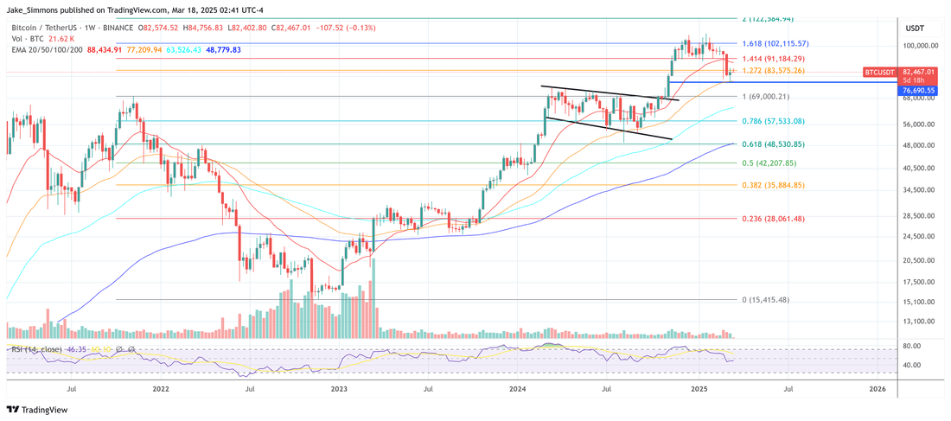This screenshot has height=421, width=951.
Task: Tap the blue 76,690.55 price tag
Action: (x=919, y=89)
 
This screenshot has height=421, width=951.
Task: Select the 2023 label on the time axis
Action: (x=339, y=390)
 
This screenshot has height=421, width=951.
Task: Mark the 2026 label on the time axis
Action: (x=878, y=390)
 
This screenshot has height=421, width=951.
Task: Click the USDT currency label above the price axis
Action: (x=915, y=28)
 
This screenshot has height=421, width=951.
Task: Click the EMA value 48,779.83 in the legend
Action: (x=219, y=50)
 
